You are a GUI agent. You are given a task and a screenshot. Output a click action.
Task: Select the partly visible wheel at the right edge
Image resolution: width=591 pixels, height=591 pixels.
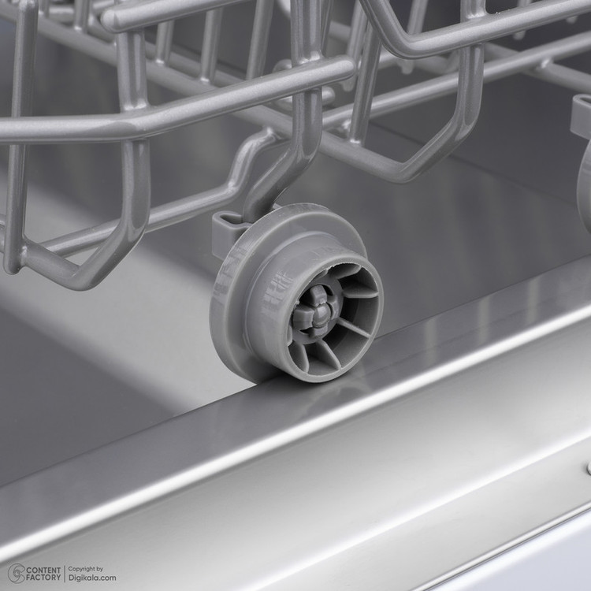pyautogui.click(x=584, y=188)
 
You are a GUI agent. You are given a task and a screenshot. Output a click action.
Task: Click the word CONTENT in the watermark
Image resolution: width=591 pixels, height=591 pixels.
pyautogui.click(x=43, y=570)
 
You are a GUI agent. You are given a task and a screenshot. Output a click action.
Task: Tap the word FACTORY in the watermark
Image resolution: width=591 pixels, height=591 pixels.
pyautogui.click(x=43, y=578)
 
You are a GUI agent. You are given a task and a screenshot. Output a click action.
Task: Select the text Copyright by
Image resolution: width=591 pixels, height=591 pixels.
pyautogui.click(x=86, y=569)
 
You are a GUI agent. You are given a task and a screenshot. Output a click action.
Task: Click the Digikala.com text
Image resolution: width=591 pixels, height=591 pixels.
pyautogui.click(x=92, y=578)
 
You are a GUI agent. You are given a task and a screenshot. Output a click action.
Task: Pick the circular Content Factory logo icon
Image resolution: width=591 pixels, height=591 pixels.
pyautogui.click(x=17, y=574)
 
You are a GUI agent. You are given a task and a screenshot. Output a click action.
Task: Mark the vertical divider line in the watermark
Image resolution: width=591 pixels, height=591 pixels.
pyautogui.click(x=65, y=574)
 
